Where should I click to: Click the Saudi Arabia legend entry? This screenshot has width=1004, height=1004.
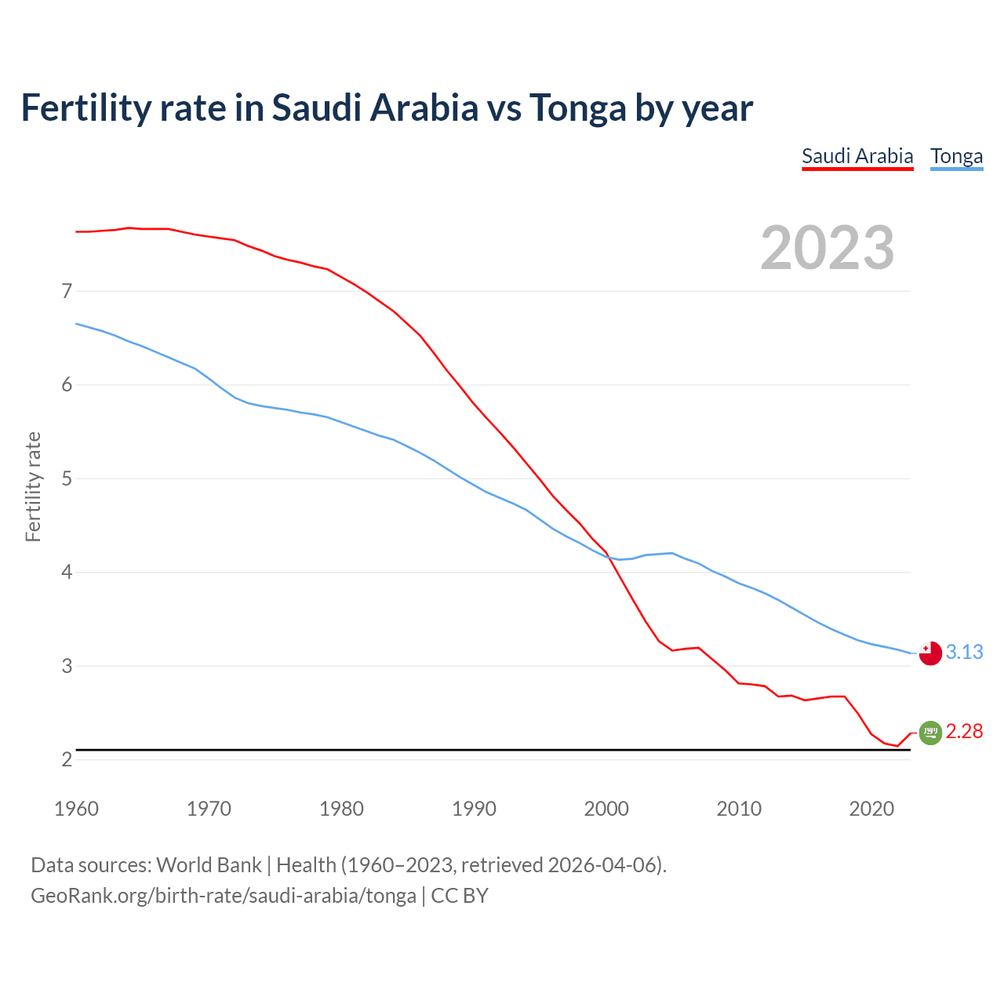(x=857, y=156)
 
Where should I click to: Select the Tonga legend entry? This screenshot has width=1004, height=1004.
(x=956, y=156)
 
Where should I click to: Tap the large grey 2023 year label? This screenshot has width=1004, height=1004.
(x=828, y=248)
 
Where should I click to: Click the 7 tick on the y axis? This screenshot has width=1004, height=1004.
(x=67, y=292)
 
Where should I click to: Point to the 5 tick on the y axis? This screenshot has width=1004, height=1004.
(x=67, y=478)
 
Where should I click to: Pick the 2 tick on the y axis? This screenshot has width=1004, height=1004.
(x=67, y=759)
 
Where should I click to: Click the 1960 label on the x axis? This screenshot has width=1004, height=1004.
(x=76, y=809)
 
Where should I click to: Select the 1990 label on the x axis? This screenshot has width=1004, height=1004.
(x=474, y=809)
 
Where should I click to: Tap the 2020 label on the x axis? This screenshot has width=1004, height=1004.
(x=871, y=809)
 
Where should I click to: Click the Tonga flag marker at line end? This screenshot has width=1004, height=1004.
(x=930, y=653)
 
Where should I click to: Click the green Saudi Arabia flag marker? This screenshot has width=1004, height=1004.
(x=930, y=732)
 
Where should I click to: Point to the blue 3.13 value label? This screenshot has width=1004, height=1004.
(x=964, y=652)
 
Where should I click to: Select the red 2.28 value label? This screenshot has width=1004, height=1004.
(x=964, y=731)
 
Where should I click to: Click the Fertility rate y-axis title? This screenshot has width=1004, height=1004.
(x=33, y=486)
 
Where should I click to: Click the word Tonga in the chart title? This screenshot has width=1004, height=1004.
(x=577, y=108)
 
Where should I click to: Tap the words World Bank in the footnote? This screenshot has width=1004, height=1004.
(x=209, y=865)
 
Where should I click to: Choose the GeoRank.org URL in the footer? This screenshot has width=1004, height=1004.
(x=224, y=896)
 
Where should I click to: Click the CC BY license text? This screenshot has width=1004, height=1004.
(x=460, y=896)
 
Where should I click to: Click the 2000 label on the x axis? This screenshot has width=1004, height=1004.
(x=606, y=809)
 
